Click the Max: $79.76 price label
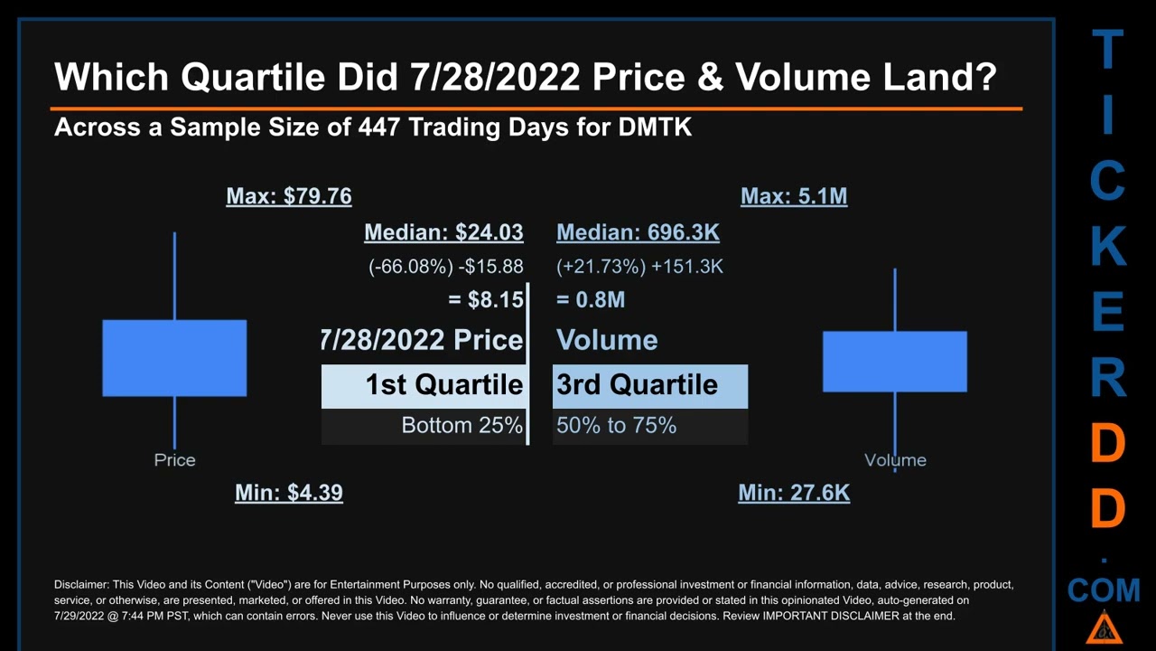point(289,196)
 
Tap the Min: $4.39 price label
point(289,493)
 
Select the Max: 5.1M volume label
point(794,196)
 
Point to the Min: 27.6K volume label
point(794,493)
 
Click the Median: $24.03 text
point(443,232)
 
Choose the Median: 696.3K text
point(638,232)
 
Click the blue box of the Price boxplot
point(174,358)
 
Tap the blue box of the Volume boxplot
point(895,362)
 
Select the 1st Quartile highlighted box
point(424,386)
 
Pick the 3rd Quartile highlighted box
point(649,386)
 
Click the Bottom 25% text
point(461,425)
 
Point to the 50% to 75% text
point(616,425)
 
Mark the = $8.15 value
point(485,299)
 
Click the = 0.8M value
point(591,299)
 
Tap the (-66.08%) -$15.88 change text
point(445,267)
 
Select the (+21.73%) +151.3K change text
point(639,267)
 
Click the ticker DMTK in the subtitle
point(655,127)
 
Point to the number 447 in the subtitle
point(379,127)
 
